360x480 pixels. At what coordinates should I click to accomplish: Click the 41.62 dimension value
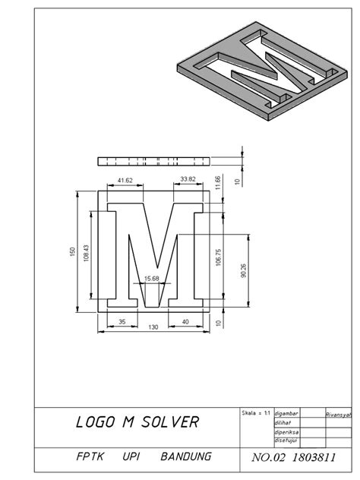tap(126, 180)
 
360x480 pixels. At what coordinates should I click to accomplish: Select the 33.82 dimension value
tap(187, 180)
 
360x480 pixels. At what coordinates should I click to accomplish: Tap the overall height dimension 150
tap(73, 252)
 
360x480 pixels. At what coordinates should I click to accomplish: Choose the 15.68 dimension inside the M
tap(151, 279)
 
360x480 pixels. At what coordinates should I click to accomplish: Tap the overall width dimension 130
tap(153, 327)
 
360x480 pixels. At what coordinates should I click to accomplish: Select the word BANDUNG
tap(185, 457)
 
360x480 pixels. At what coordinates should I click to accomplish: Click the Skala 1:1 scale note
tap(255, 412)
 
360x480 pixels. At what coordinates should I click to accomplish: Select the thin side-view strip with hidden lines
tap(152, 161)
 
